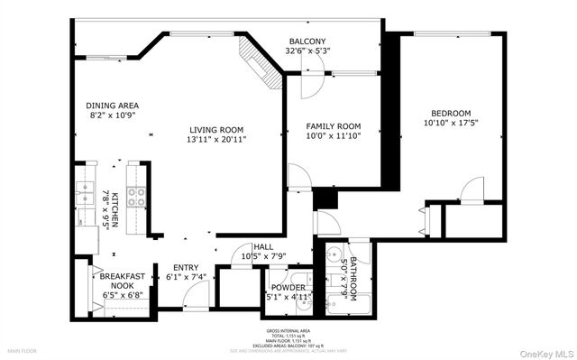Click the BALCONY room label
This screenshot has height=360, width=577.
[307, 42]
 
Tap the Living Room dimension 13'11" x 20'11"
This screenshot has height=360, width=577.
[216, 140]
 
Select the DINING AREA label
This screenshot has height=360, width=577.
[112, 106]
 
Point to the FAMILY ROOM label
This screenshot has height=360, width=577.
[333, 125]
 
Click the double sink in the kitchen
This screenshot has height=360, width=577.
[86, 198]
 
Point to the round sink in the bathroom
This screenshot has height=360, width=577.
[334, 254]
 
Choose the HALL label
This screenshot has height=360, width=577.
[262, 246]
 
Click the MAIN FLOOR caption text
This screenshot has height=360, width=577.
[23, 350]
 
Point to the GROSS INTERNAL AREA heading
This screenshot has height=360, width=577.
[288, 330]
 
